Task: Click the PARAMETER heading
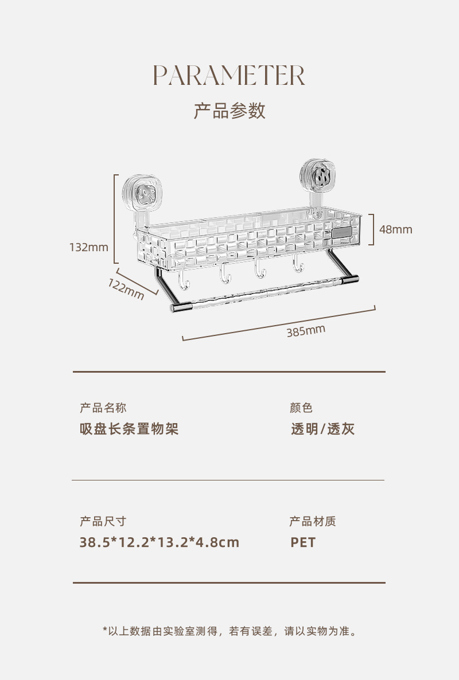coord(229,76)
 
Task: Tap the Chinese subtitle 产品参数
coord(229,111)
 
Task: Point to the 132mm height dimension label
coord(89,247)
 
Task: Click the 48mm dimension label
coord(396,229)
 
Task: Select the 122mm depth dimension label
coord(126,289)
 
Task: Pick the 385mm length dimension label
coord(306,331)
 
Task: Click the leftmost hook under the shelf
coord(184,281)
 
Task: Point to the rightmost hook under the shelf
coord(298,264)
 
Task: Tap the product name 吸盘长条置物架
coord(129,429)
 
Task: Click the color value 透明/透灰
coord(323,429)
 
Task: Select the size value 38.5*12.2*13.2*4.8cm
coord(160,542)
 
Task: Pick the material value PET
coord(303,542)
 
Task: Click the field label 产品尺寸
coord(103,521)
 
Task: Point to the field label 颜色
coord(301,408)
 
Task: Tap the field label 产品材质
coord(313,521)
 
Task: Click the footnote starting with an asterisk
coord(230,631)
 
